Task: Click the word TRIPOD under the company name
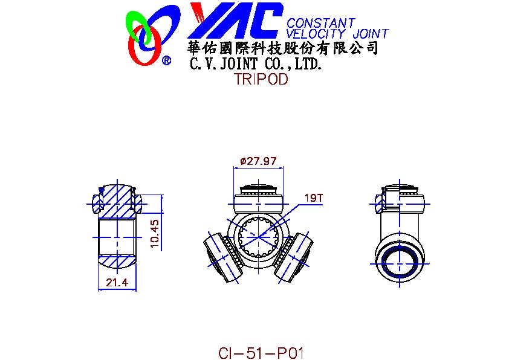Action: pos(261,79)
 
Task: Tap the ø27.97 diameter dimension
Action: pos(258,161)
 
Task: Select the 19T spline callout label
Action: pos(314,198)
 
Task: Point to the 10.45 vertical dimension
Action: pos(155,234)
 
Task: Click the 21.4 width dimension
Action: pos(117,283)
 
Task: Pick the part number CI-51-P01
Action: pos(261,353)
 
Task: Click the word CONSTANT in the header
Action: pos(321,24)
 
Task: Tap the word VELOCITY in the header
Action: pos(316,34)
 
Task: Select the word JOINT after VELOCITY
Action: pos(371,34)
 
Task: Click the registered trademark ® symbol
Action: pos(166,60)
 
